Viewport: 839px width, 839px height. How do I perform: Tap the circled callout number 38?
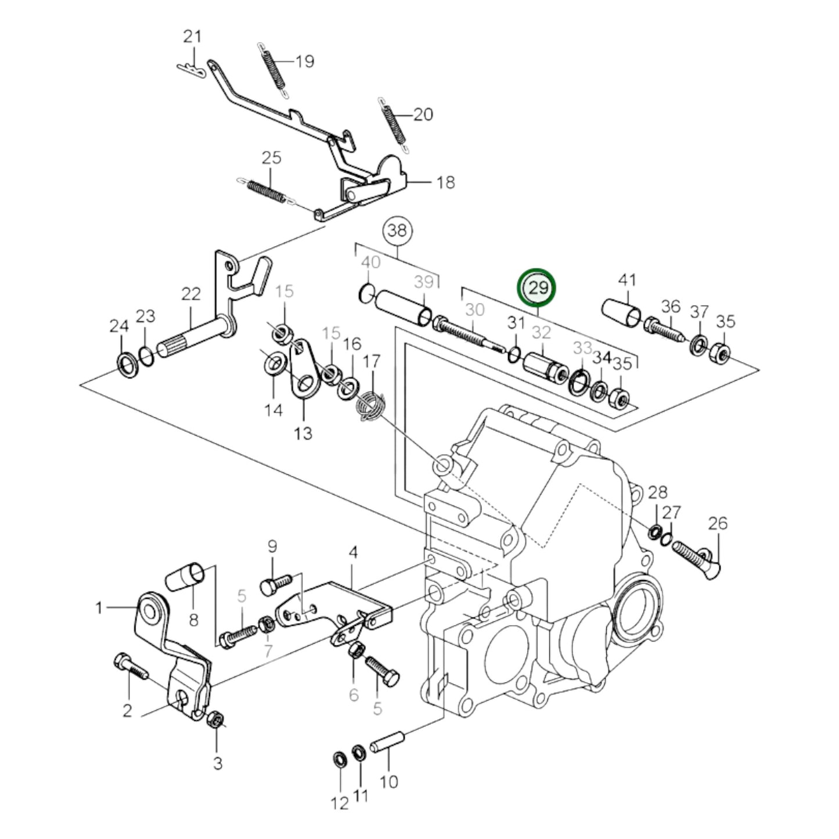pos(397,231)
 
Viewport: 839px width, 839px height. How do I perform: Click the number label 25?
pos(271,158)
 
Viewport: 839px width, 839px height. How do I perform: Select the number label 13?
pos(303,433)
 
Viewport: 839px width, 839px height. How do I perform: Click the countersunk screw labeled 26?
pos(696,552)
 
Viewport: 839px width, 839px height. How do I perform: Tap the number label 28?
pos(657,493)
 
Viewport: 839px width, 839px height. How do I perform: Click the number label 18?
pos(445,182)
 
